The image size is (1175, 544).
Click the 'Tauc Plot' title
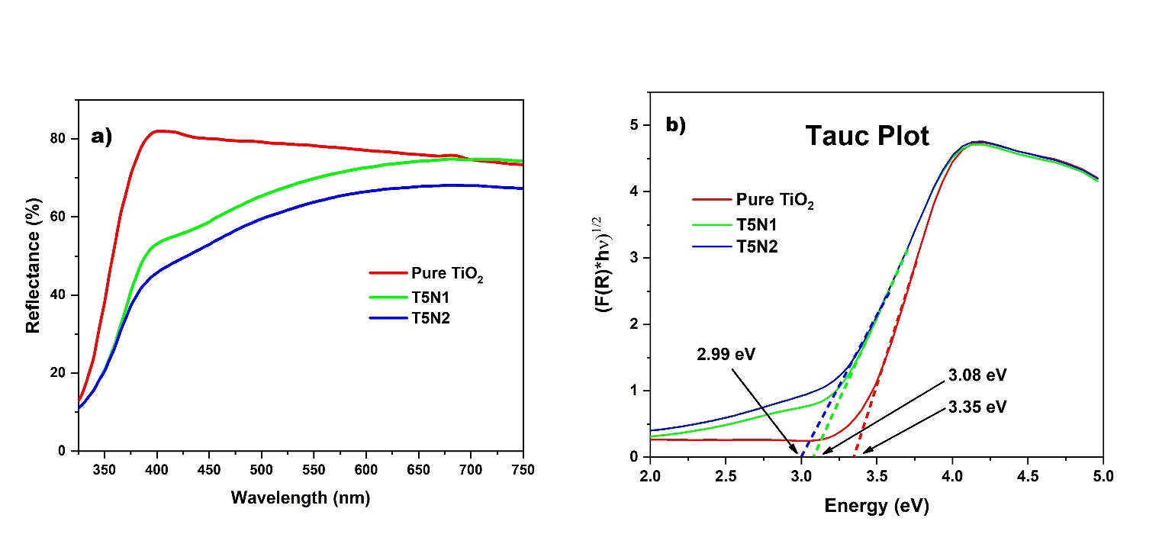[x=868, y=137]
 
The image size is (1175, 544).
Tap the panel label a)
[x=101, y=137]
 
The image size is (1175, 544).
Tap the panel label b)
[x=676, y=126]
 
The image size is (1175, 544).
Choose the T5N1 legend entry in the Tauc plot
[x=758, y=224]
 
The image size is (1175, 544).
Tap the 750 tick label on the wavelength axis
[x=523, y=468]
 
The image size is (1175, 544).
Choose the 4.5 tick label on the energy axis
[x=1027, y=475]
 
